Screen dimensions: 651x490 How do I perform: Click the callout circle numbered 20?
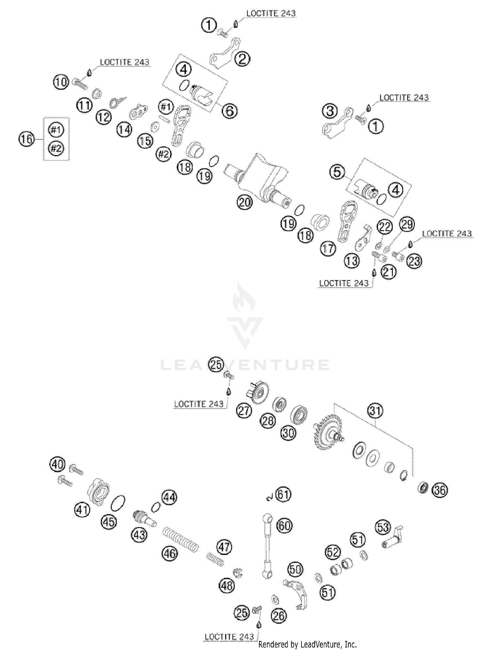click(x=245, y=202)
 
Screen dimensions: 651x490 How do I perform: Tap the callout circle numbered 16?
click(x=26, y=139)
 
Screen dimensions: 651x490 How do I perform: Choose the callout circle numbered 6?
click(x=229, y=111)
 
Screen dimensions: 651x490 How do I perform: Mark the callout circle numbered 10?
click(x=61, y=82)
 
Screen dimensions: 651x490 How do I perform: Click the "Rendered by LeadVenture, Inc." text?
click(x=307, y=644)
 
